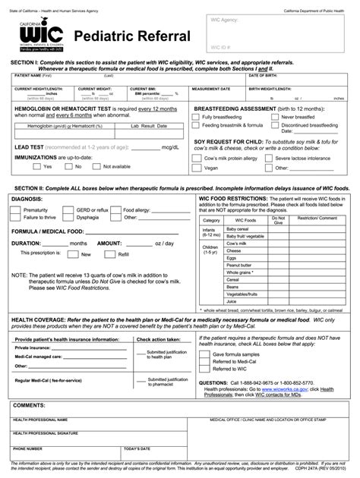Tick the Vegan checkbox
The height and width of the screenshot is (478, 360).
[x=197, y=168]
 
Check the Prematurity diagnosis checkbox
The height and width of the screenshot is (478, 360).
[x=18, y=209]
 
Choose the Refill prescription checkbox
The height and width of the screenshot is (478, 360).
[x=112, y=254]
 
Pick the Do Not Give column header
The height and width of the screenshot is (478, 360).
[x=278, y=222]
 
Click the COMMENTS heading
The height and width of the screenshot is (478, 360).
[x=30, y=406]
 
